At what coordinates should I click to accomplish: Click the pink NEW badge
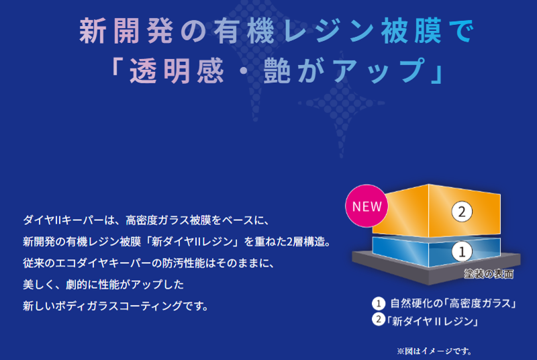tap(367, 206)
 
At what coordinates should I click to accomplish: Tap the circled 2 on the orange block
tap(462, 212)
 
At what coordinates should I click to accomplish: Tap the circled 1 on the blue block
tap(462, 252)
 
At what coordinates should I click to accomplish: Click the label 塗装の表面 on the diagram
tap(489, 273)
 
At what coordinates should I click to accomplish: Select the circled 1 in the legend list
tap(379, 303)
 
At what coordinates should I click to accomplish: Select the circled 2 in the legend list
tap(379, 319)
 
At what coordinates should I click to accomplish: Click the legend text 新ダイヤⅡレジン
tap(432, 321)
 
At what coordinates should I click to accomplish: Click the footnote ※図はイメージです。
tap(434, 351)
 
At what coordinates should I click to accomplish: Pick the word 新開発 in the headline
tap(126, 31)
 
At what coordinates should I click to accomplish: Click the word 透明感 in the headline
tap(177, 71)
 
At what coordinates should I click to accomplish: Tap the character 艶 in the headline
tap(277, 71)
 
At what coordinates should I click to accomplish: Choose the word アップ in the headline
tap(379, 71)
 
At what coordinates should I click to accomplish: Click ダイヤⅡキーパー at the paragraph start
tap(63, 220)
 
